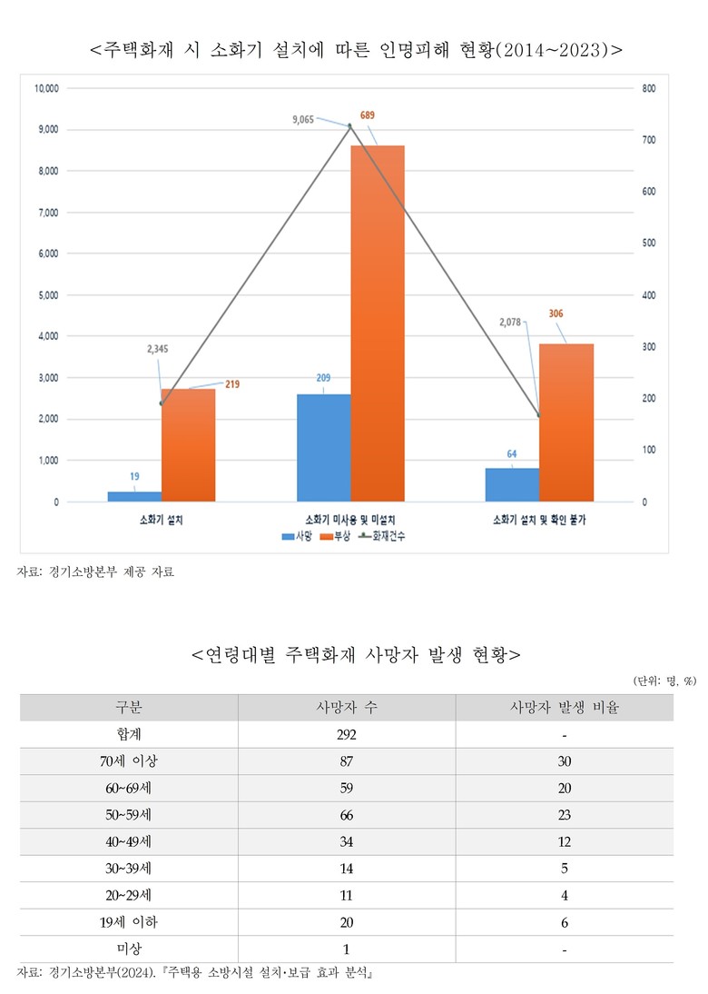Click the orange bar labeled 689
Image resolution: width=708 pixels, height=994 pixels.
click(377, 323)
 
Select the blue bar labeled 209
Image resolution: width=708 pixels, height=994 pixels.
click(323, 447)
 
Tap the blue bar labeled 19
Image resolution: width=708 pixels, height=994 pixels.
click(134, 496)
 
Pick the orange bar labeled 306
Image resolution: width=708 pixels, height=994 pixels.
click(566, 422)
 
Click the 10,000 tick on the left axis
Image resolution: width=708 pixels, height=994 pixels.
click(45, 88)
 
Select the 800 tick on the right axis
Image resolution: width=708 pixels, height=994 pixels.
click(649, 88)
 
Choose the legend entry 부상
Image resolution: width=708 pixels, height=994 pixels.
click(340, 537)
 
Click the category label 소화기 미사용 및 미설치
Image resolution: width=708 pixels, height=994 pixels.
click(349, 520)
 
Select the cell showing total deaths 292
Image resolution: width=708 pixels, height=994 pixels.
click(346, 734)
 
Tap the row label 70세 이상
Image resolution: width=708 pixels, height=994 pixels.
click(128, 760)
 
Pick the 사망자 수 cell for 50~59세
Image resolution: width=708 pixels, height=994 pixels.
click(346, 814)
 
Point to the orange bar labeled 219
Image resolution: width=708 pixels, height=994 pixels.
click(188, 445)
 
